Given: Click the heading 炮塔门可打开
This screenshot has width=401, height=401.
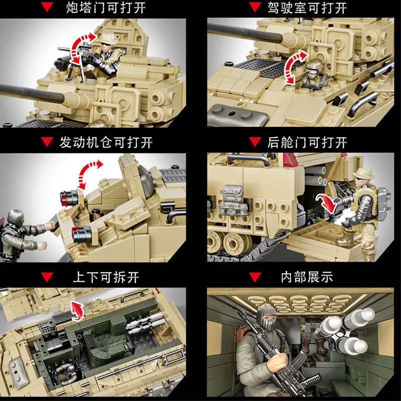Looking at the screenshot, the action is tap(106, 8).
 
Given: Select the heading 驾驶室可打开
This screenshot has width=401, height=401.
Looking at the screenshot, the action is tap(307, 8).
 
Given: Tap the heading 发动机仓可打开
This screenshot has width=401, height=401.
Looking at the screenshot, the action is tap(106, 142).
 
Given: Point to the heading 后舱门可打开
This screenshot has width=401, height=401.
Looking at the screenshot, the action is tap(307, 142).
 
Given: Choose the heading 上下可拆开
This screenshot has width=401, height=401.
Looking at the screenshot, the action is tap(106, 277).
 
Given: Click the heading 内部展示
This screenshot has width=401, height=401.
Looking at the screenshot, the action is tap(307, 277).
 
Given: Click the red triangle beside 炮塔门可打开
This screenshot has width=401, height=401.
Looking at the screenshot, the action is tap(47, 7).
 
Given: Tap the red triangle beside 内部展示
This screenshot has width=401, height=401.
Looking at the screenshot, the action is tap(255, 277).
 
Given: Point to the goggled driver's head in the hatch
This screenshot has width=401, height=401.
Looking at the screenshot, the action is tap(314, 68).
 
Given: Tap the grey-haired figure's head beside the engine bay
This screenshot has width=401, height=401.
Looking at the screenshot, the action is tap(16, 218).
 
